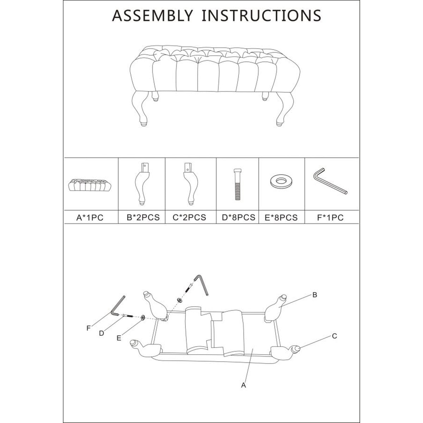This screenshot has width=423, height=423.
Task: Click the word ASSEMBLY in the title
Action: click(x=153, y=16)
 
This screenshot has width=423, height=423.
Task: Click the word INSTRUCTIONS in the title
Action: click(x=261, y=16)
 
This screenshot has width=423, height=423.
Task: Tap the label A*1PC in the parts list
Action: click(x=90, y=218)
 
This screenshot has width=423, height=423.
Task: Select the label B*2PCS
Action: click(x=143, y=217)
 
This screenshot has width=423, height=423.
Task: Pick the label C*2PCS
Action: click(x=189, y=217)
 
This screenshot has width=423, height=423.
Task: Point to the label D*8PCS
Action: click(x=238, y=217)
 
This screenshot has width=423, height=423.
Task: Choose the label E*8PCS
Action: click(x=281, y=218)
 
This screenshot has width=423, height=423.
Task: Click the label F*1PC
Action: click(x=330, y=218)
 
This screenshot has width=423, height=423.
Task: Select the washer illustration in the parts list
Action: click(x=281, y=182)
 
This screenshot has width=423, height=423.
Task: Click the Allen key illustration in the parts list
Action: click(x=330, y=182)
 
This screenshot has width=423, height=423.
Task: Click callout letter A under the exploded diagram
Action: click(x=243, y=386)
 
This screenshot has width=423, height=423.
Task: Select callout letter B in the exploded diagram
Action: click(x=315, y=295)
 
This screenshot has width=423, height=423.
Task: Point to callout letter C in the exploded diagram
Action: click(x=335, y=336)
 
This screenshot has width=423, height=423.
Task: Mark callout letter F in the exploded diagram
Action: click(x=88, y=328)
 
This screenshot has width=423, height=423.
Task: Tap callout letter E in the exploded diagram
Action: click(x=119, y=338)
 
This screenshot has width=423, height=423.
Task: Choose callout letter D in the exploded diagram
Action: click(x=102, y=333)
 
